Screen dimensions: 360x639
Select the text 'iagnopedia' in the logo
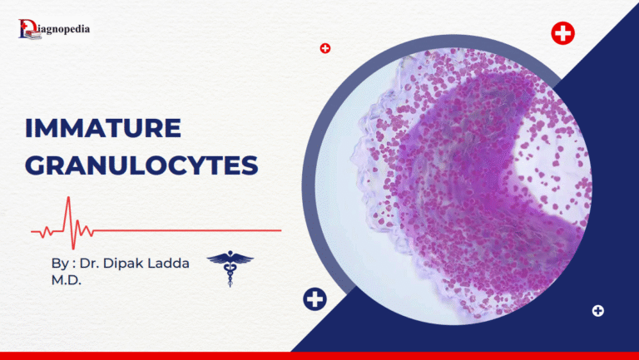[x=64, y=29]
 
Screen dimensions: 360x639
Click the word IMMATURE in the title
[x=102, y=129]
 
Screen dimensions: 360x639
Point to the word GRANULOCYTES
[x=141, y=164]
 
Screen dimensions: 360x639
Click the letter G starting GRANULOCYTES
[x=37, y=164]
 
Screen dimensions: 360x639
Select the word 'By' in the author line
[x=58, y=264]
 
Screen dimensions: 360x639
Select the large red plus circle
[x=563, y=34]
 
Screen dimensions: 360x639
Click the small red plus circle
[x=325, y=48]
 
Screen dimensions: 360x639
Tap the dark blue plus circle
[x=315, y=299]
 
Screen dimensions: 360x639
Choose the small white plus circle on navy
[x=597, y=311]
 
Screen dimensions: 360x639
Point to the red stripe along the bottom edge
[x=319, y=356]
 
